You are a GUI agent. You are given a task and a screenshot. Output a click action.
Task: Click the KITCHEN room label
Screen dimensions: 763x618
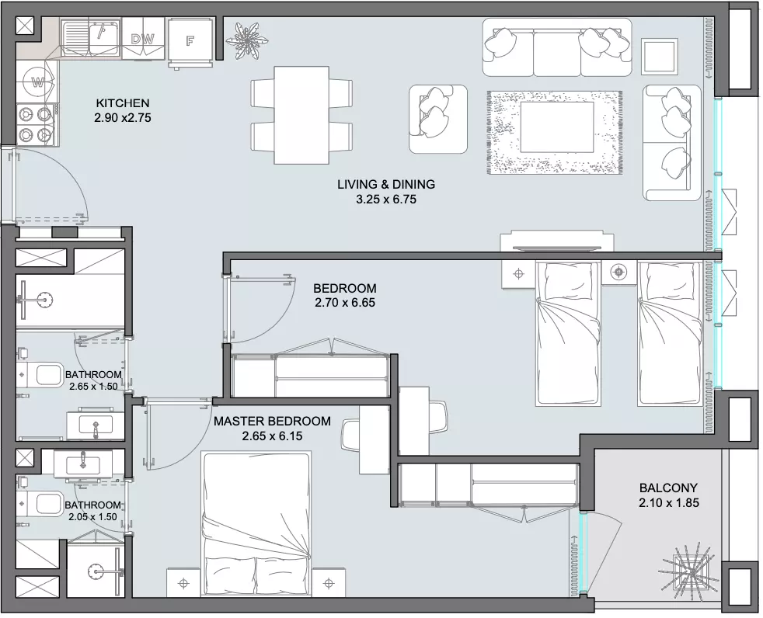coord(123,103)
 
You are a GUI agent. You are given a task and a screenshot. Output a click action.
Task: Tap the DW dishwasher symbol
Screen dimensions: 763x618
coord(142,39)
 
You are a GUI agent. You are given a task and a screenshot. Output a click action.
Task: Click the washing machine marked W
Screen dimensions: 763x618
coord(37,82)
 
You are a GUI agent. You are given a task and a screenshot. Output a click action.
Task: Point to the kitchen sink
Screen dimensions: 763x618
coord(90,38)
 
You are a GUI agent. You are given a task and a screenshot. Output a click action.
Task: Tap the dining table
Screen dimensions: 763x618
coord(301,115)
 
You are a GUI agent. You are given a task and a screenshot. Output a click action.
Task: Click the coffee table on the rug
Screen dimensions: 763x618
coord(557,127)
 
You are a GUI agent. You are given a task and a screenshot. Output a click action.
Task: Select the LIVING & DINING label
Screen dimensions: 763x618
coord(386,184)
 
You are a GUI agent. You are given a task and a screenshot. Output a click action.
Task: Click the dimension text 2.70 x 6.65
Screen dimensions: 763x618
coord(345,303)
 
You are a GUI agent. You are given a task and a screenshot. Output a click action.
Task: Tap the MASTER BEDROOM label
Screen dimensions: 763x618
coord(272,421)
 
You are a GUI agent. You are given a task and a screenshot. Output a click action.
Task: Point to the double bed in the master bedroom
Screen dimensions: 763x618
coord(256,524)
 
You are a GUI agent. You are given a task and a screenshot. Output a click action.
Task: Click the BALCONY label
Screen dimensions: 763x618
coord(669,488)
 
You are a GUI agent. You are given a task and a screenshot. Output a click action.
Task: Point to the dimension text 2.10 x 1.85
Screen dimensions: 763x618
coord(669,503)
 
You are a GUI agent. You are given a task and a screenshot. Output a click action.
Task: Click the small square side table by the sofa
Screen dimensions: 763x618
coord(660,57)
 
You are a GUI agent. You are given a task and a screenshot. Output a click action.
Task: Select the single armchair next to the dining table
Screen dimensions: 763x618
coord(438,119)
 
